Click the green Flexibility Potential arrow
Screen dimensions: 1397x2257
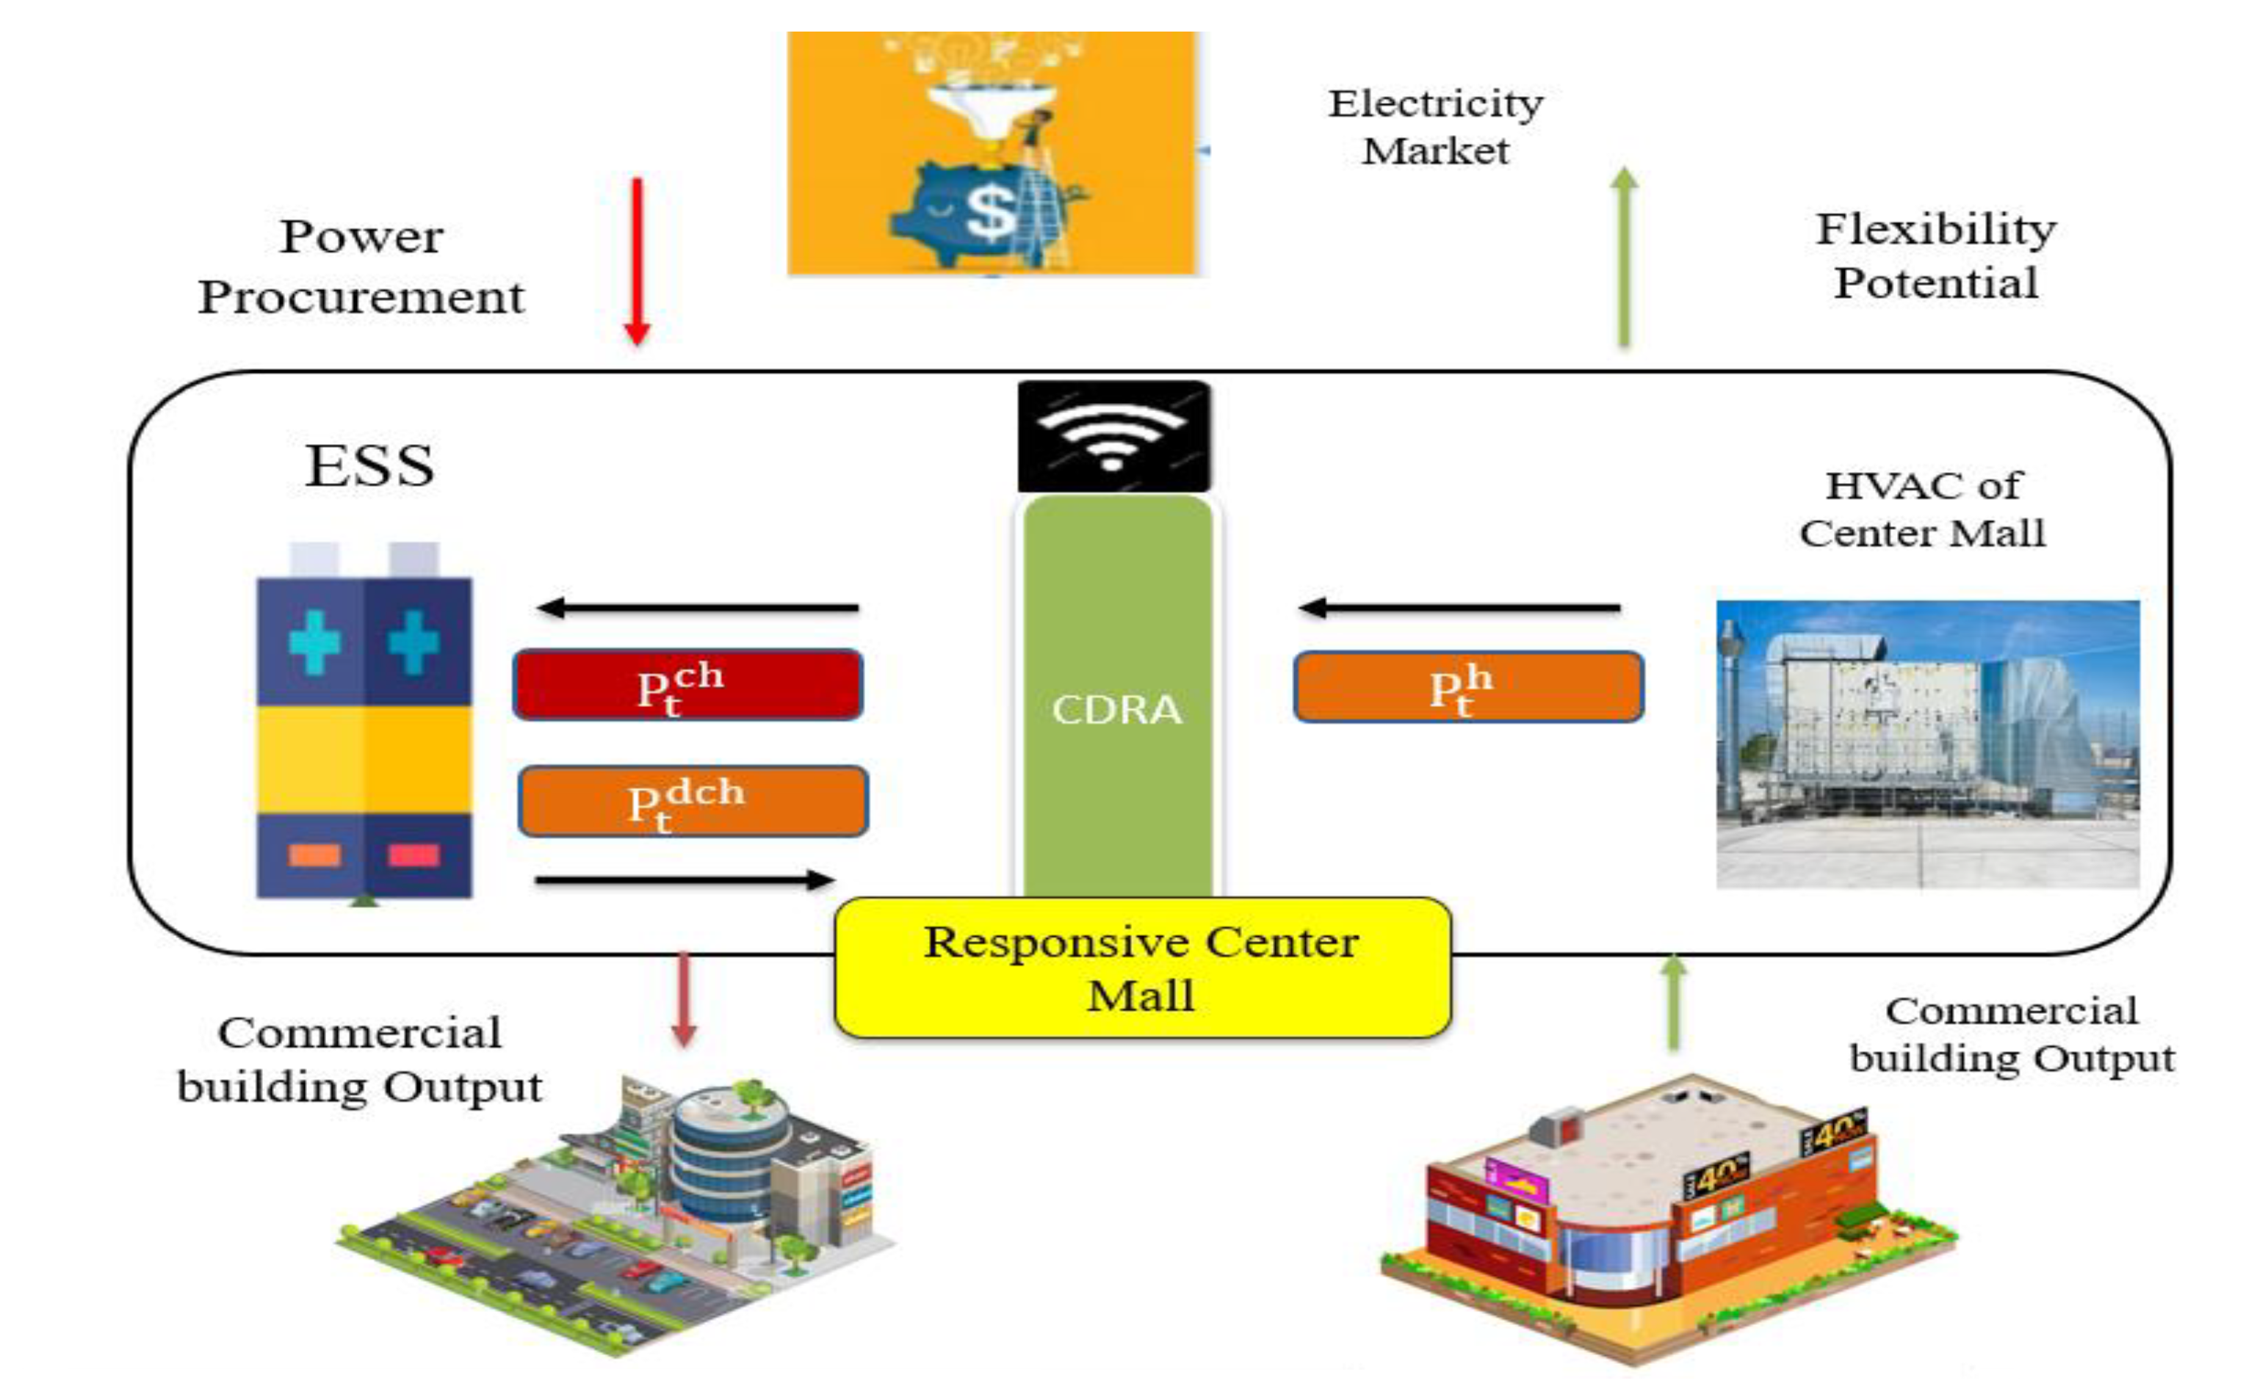[x=1624, y=258]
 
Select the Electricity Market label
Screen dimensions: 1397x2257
[x=1435, y=126]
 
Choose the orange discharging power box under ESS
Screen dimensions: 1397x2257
[x=693, y=801]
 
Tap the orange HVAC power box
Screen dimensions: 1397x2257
[x=1467, y=686]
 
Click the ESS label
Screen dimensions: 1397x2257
[x=369, y=465]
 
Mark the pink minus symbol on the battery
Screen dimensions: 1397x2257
[x=414, y=855]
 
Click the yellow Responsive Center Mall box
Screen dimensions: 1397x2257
[x=1141, y=968]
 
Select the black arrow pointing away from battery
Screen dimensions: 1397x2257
[x=684, y=879]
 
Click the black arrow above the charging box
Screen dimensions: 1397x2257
[x=698, y=607]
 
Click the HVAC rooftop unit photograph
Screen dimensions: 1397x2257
[x=1927, y=744]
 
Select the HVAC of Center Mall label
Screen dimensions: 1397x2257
[x=1922, y=509]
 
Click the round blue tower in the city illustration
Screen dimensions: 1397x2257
[x=730, y=1155]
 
